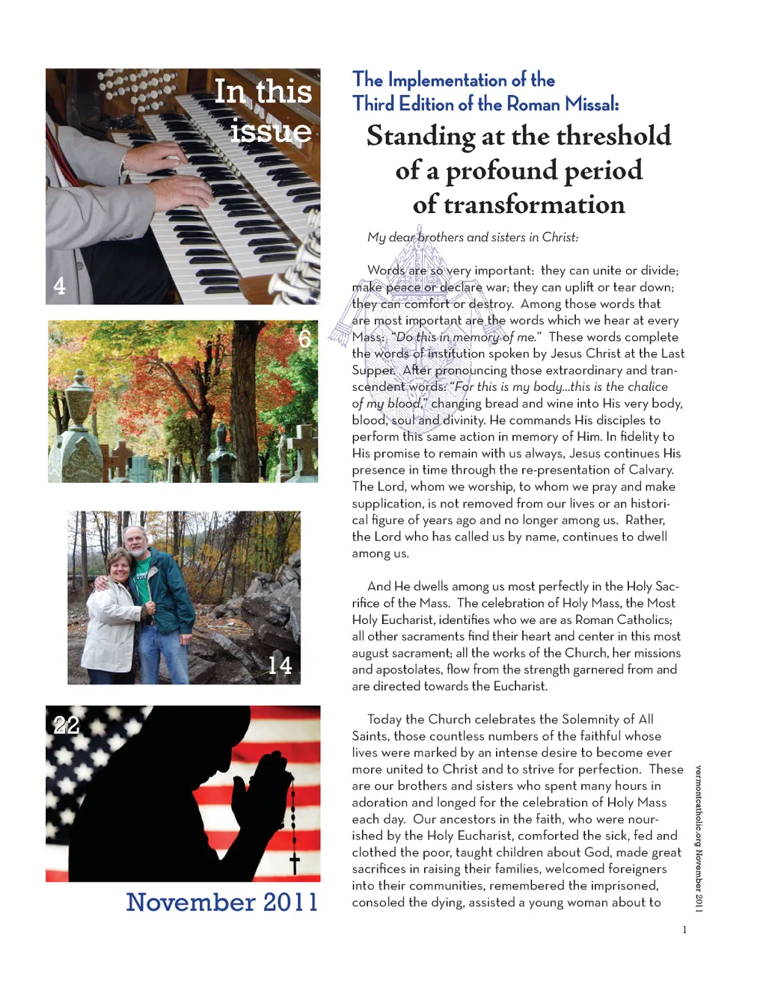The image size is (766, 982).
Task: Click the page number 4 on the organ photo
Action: point(60,285)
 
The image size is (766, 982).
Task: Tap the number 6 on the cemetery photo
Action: point(305,339)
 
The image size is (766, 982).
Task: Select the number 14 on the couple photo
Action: point(280,665)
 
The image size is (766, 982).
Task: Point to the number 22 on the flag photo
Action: point(66,725)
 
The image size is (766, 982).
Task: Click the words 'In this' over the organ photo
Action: point(263,92)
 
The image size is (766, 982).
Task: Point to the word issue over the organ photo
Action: point(270,131)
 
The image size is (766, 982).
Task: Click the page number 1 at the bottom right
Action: point(684,930)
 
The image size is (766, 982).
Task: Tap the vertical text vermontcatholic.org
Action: point(699,807)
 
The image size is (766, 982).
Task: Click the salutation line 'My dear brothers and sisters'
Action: point(472,238)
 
